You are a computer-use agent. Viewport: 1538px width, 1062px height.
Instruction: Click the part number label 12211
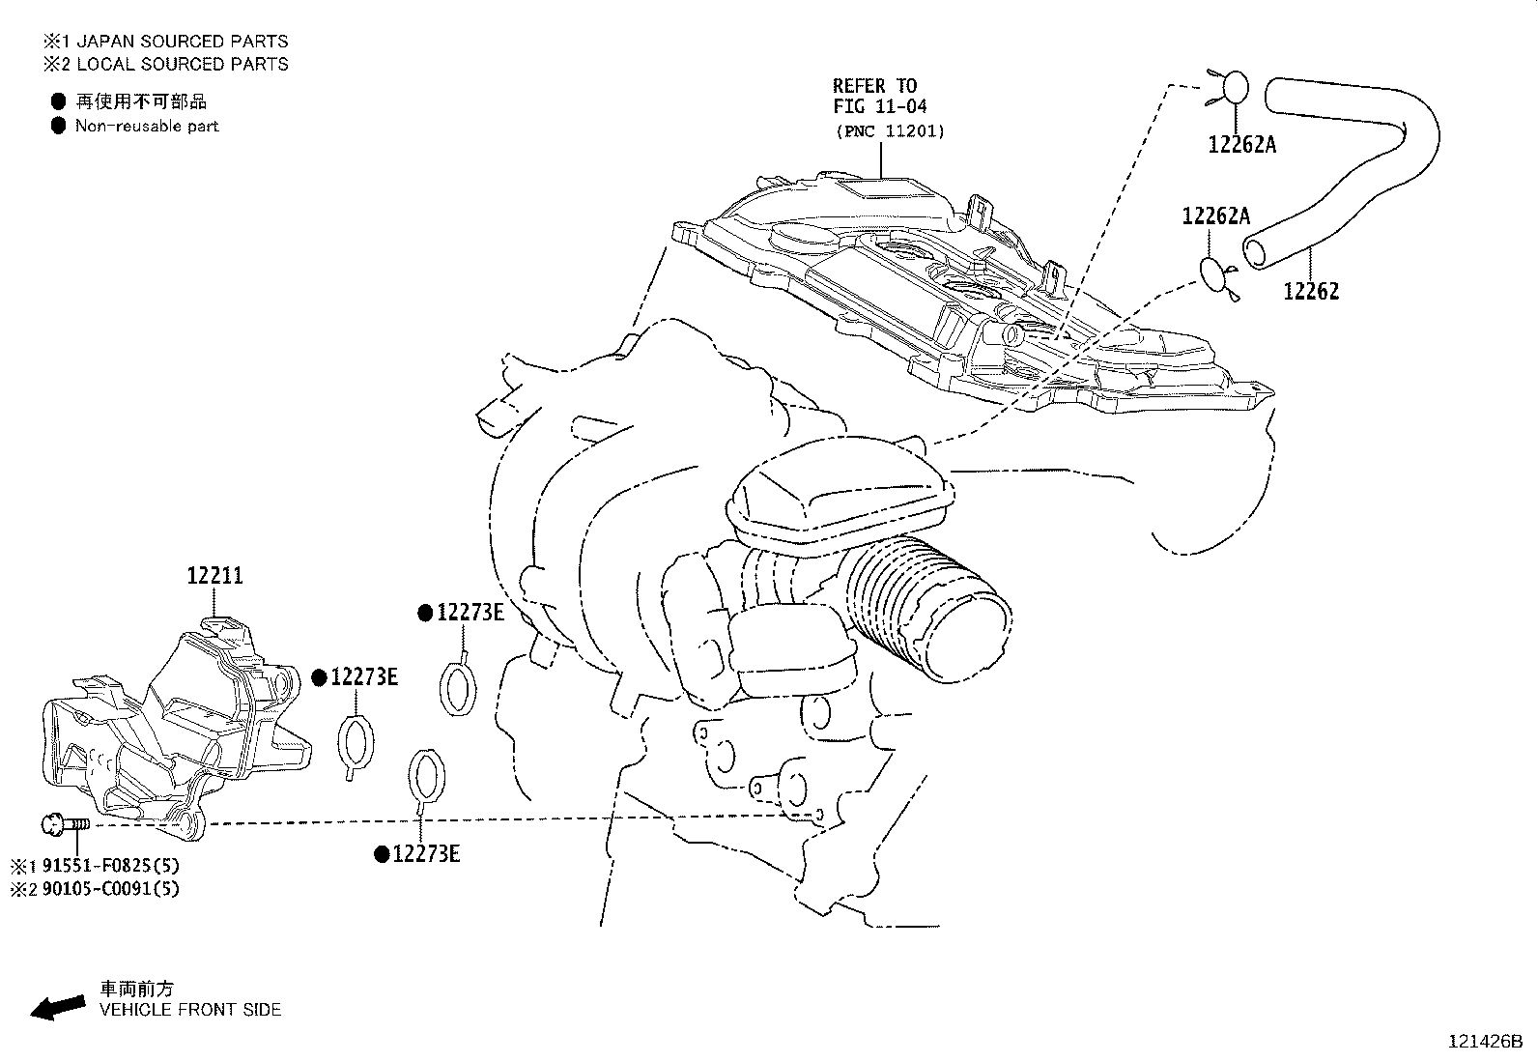pyautogui.click(x=214, y=576)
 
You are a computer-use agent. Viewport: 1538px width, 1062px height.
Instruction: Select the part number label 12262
pyautogui.click(x=1311, y=291)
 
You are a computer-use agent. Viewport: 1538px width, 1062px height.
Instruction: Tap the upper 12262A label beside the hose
pyautogui.click(x=1241, y=145)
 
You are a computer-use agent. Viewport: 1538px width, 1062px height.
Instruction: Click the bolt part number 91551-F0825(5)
pyautogui.click(x=110, y=866)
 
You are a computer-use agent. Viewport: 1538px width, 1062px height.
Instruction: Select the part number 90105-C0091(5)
pyautogui.click(x=110, y=889)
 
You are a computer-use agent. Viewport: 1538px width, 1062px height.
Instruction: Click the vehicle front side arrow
pyautogui.click(x=58, y=1007)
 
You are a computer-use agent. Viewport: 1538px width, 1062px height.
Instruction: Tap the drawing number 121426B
pyautogui.click(x=1485, y=1042)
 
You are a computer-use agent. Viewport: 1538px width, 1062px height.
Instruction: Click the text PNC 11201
pyautogui.click(x=891, y=131)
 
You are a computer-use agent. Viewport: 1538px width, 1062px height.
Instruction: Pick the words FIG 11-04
pyautogui.click(x=880, y=106)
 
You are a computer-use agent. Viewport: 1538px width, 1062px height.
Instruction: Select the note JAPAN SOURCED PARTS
pyautogui.click(x=182, y=42)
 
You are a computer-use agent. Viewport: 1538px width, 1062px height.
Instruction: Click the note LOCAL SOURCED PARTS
pyautogui.click(x=182, y=64)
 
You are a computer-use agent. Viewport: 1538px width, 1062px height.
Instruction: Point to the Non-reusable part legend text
pyautogui.click(x=147, y=127)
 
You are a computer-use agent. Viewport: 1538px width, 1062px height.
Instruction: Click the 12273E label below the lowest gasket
pyautogui.click(x=426, y=854)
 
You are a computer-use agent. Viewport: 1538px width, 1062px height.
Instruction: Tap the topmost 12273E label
pyautogui.click(x=470, y=612)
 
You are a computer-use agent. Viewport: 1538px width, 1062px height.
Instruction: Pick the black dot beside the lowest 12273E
pyautogui.click(x=382, y=854)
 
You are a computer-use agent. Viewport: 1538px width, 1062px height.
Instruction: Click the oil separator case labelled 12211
pyautogui.click(x=175, y=729)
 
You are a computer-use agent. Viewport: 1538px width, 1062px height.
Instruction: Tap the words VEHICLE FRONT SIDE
pyautogui.click(x=190, y=1010)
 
